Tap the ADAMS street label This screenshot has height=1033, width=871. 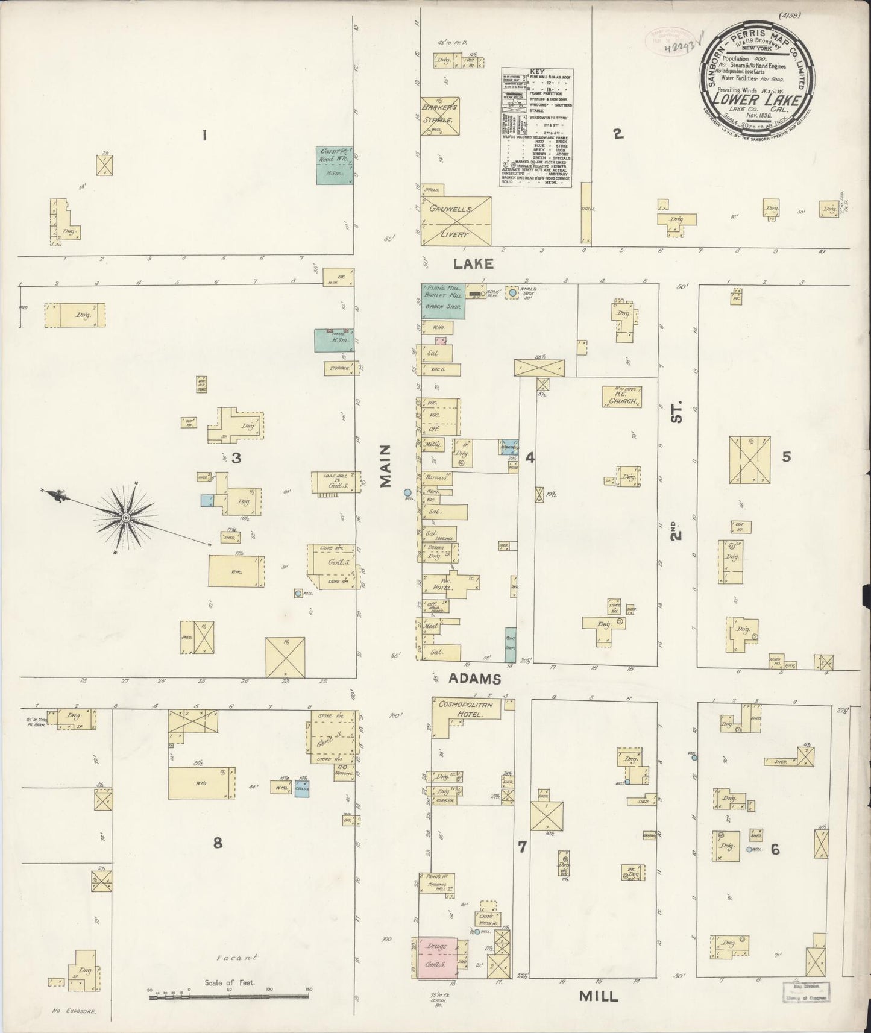[x=474, y=679]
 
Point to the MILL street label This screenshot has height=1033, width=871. [x=598, y=996]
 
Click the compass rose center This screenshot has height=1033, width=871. [x=125, y=518]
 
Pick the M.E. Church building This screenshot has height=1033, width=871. [x=620, y=397]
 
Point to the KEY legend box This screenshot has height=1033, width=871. [x=536, y=127]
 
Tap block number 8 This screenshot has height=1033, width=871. [x=217, y=843]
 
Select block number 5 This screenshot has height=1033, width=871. [x=786, y=457]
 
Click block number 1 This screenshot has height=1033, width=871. [x=204, y=136]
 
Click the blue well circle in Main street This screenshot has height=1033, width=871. [x=408, y=492]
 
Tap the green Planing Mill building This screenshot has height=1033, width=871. [x=442, y=301]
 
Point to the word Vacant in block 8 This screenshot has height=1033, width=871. [x=237, y=957]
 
